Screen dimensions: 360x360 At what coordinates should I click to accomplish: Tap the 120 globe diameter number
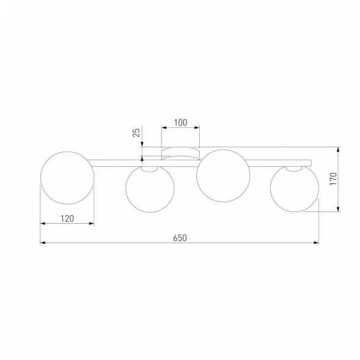pyautogui.click(x=67, y=217)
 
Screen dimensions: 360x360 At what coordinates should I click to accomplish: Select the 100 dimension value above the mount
pyautogui.click(x=180, y=122)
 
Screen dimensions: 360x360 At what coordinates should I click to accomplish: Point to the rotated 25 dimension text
pyautogui.click(x=136, y=131)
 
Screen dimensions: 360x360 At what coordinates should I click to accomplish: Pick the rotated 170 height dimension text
pyautogui.click(x=333, y=179)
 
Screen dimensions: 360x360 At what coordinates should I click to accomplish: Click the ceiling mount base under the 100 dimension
pyautogui.click(x=180, y=153)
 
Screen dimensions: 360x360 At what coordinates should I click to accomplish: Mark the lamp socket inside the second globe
pyautogui.click(x=147, y=171)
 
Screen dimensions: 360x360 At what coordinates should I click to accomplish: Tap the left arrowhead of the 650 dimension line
pyautogui.click(x=43, y=243)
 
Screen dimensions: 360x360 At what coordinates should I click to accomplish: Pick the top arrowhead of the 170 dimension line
pyautogui.click(x=340, y=149)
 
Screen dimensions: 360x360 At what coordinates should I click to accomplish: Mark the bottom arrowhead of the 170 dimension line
pyautogui.click(x=340, y=210)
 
